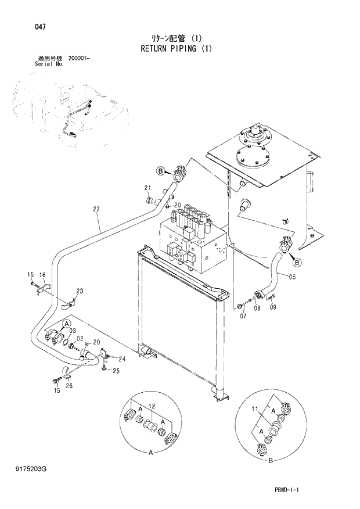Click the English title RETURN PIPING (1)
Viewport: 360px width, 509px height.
click(x=176, y=49)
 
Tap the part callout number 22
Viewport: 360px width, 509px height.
click(x=96, y=209)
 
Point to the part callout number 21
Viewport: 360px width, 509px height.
click(x=147, y=187)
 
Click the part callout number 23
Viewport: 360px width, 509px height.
click(x=80, y=291)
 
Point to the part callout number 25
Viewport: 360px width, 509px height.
click(x=116, y=371)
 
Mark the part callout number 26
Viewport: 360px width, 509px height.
click(x=69, y=385)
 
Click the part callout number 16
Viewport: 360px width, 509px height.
click(x=42, y=274)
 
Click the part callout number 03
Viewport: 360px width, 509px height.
click(x=73, y=331)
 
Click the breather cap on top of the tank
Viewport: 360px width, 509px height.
click(x=254, y=136)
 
